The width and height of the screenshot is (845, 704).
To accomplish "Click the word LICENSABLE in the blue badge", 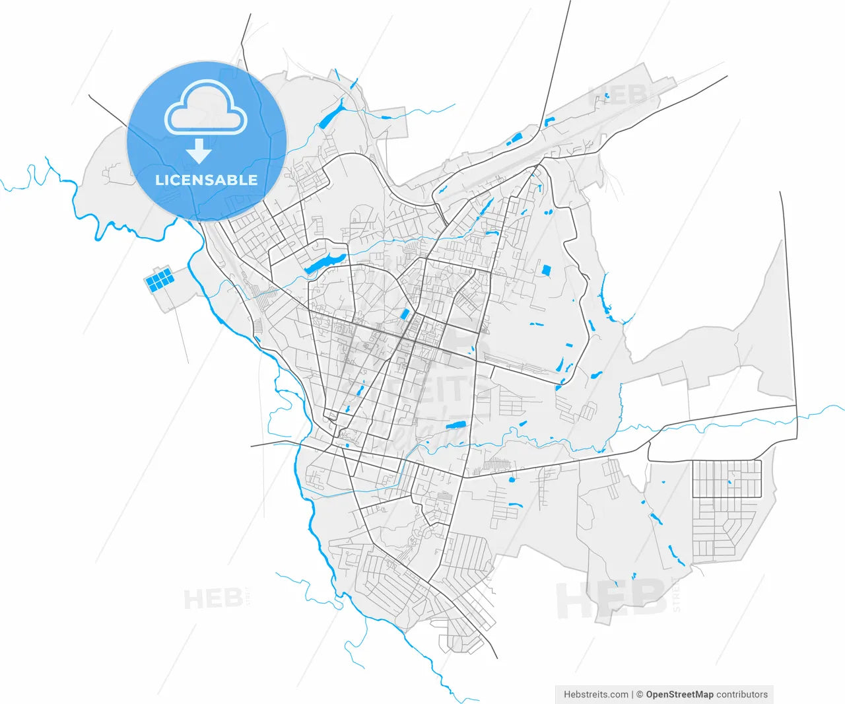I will pyautogui.click(x=206, y=180).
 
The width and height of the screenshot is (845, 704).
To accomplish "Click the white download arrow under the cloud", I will pyautogui.click(x=198, y=151).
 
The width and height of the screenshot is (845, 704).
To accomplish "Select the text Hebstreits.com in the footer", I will pyautogui.click(x=596, y=694).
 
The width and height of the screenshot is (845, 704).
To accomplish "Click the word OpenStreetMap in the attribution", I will pyautogui.click(x=679, y=694).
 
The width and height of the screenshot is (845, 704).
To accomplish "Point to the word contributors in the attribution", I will pyautogui.click(x=742, y=694).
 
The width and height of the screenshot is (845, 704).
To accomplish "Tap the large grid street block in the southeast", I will pyautogui.click(x=727, y=479).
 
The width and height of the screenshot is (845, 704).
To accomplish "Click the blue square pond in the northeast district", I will pyautogui.click(x=546, y=269).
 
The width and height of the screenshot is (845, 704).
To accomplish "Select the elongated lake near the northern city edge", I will pyautogui.click(x=332, y=113).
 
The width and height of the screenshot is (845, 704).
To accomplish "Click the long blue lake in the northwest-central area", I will pyautogui.click(x=324, y=263).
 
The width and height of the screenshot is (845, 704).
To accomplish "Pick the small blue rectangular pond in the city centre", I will pyautogui.click(x=405, y=314).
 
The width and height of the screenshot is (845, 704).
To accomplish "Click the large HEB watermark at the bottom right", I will pyautogui.click(x=611, y=599).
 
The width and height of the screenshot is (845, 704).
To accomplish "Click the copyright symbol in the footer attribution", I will pyautogui.click(x=640, y=694).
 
